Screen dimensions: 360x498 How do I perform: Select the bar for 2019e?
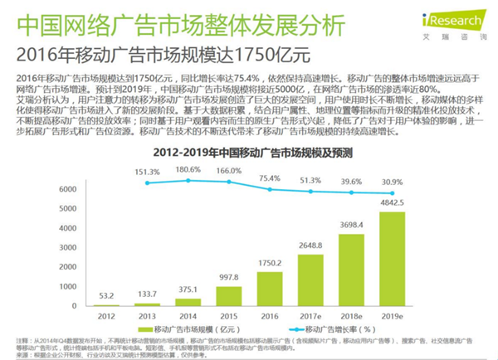point(393,260)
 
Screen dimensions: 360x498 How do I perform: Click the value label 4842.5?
point(393,202)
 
